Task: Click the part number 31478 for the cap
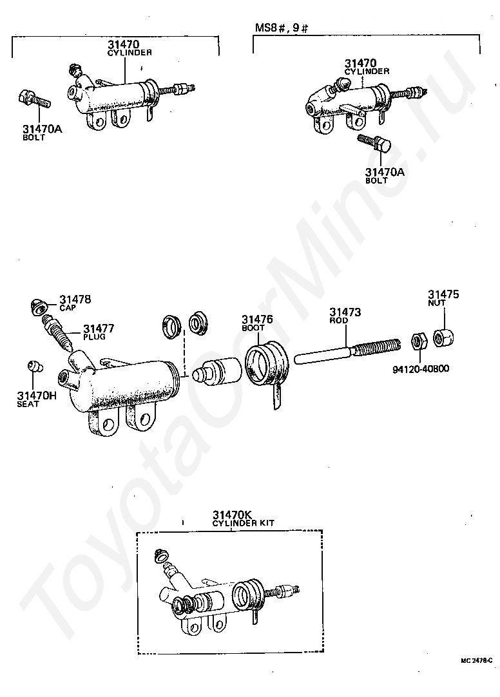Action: pyautogui.click(x=75, y=300)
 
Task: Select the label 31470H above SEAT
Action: pyautogui.click(x=37, y=395)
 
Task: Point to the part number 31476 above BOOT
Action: pyautogui.click(x=257, y=319)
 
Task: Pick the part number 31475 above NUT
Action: pyautogui.click(x=445, y=294)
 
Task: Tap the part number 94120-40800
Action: pyautogui.click(x=421, y=369)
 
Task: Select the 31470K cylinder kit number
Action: pyautogui.click(x=231, y=515)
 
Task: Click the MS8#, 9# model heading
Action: pyautogui.click(x=280, y=29)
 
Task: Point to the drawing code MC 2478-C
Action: pyautogui.click(x=477, y=660)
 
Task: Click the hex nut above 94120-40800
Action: pyautogui.click(x=417, y=341)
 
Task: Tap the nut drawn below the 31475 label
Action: pyautogui.click(x=443, y=338)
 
